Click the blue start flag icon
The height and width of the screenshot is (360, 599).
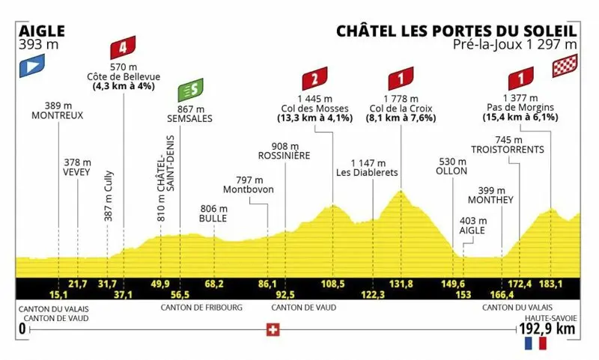pos(28,66)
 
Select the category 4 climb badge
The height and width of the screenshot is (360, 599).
pos(122,50)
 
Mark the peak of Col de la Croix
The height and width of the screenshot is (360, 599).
pos(402,191)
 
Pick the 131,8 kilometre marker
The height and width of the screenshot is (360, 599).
pos(401,284)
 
